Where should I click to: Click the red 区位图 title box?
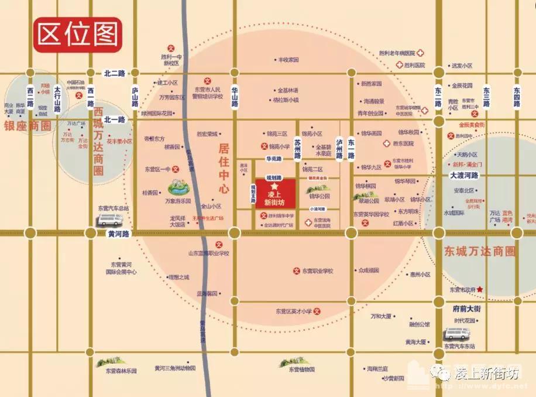click(77, 35)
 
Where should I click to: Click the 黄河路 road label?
click(120, 233)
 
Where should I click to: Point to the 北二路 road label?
click(115, 74)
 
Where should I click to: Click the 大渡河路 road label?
click(464, 175)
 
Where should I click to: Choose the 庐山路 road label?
click(135, 97)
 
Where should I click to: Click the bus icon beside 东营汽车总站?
click(111, 220)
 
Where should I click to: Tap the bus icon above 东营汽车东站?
click(457, 334)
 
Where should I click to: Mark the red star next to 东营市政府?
click(480, 289)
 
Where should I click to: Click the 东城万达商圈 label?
click(479, 252)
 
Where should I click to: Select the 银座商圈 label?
click(28, 126)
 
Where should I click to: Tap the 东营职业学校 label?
click(318, 271)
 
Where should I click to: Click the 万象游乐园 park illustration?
click(182, 187)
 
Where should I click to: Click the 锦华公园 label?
click(319, 196)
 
